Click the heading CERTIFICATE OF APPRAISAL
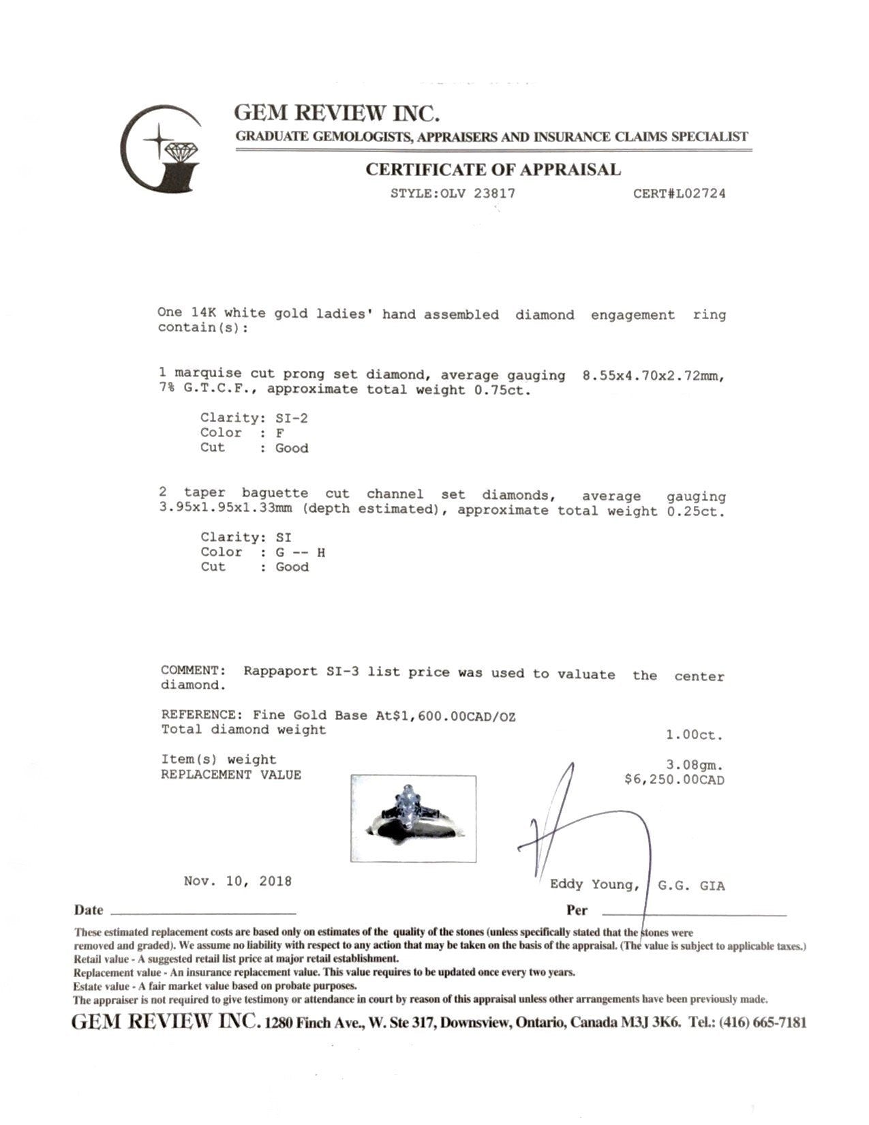(x=493, y=170)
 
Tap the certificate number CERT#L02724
(x=679, y=193)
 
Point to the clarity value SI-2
(x=291, y=418)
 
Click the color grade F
(x=280, y=433)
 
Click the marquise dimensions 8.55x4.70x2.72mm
(x=652, y=376)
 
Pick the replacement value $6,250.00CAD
(x=674, y=779)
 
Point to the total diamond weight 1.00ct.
(x=694, y=736)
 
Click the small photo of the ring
(x=413, y=818)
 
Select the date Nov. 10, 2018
(x=237, y=881)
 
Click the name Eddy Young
(x=594, y=885)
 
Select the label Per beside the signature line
(x=577, y=910)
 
